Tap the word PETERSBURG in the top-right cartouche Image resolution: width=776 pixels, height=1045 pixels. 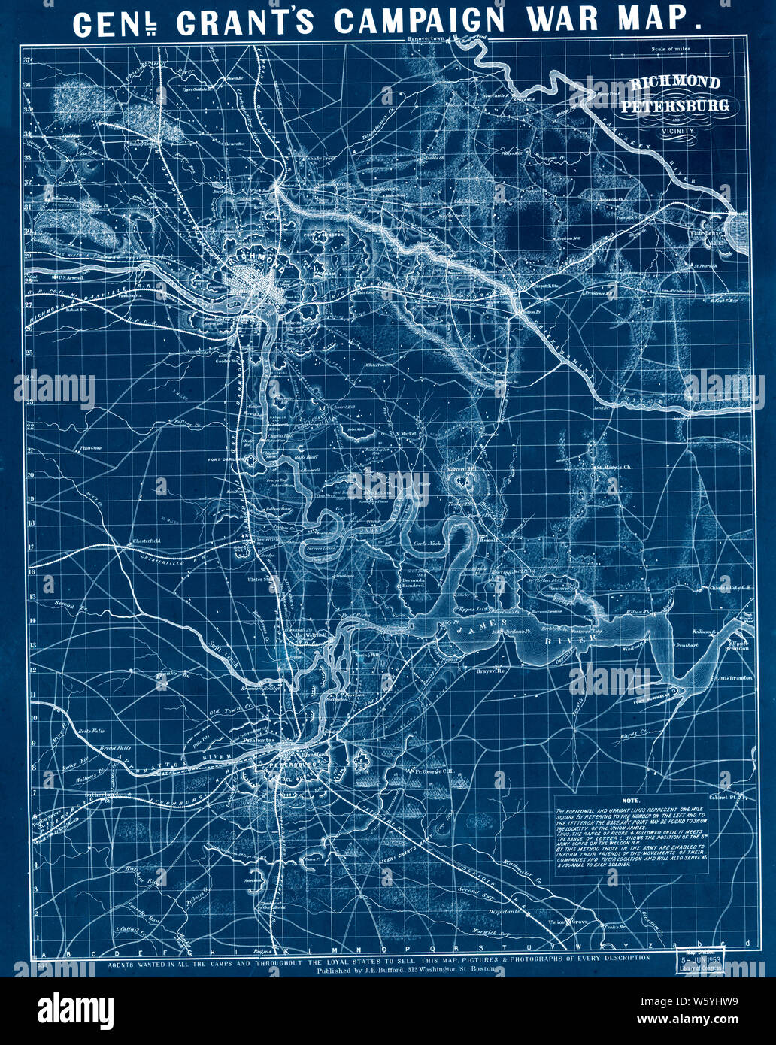click(674, 104)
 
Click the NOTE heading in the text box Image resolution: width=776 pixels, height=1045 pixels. click(631, 801)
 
